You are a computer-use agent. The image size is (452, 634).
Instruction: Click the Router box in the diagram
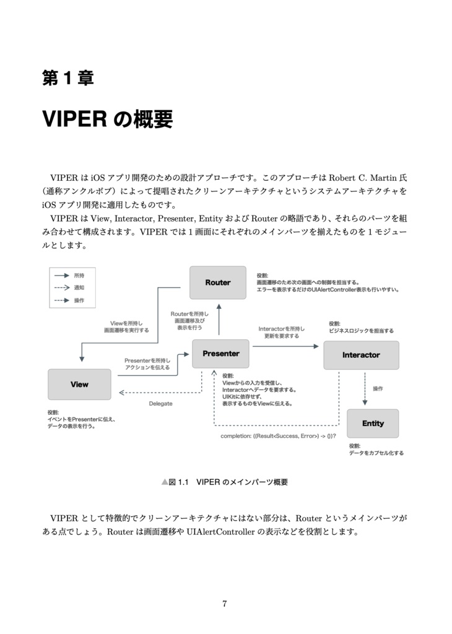point(217,282)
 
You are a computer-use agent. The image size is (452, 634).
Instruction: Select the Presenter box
point(220,354)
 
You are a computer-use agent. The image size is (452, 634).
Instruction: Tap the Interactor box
point(361,355)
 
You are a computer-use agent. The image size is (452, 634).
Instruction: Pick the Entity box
point(373,423)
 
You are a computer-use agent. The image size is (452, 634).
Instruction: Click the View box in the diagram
point(79,384)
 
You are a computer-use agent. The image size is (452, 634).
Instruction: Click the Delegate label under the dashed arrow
point(160,404)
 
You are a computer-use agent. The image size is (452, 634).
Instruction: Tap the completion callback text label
point(278,436)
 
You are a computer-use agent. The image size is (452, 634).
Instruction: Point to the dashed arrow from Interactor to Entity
point(365,389)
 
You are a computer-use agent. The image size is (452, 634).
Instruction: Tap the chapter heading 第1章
point(67,79)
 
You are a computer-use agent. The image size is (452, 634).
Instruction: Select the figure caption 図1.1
point(178,482)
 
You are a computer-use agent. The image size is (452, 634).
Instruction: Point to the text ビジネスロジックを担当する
point(362,331)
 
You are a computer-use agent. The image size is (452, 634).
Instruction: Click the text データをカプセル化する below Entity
point(376,453)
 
